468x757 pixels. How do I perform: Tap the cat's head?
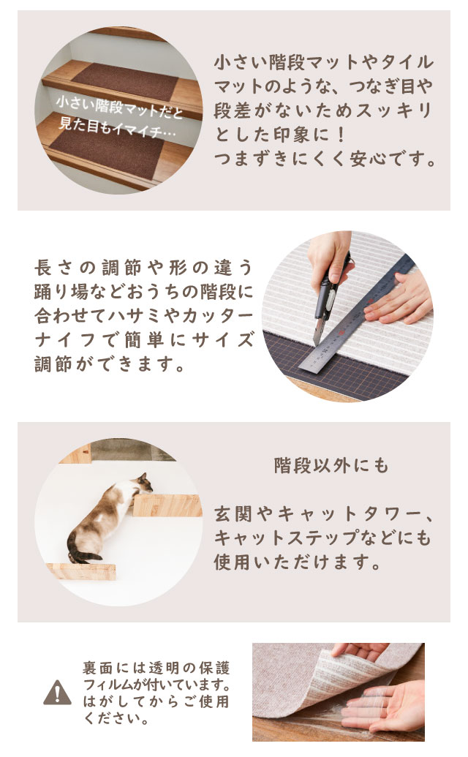tap(143, 483)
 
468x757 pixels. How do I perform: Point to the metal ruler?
tap(357, 313)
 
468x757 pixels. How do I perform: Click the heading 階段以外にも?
tap(331, 465)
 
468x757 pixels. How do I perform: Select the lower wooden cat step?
tap(82, 571)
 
